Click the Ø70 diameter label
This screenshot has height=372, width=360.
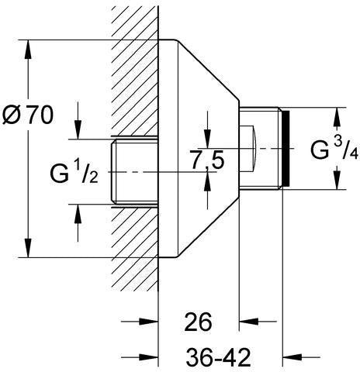click(x=28, y=115)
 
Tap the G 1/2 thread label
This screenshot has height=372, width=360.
click(x=74, y=174)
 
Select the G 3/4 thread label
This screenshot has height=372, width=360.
click(x=334, y=149)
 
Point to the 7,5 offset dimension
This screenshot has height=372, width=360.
click(x=207, y=160)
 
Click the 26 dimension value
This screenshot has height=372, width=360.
click(x=198, y=322)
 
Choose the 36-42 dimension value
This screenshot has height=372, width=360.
click(x=219, y=357)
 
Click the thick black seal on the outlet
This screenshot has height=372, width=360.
click(x=286, y=148)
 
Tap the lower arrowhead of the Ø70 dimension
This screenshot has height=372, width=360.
click(x=28, y=248)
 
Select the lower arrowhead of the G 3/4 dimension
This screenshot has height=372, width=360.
click(x=337, y=180)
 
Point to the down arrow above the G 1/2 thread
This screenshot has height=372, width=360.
click(x=78, y=130)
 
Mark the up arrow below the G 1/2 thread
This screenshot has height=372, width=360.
click(x=78, y=214)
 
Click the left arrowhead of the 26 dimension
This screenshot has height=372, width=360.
click(x=148, y=322)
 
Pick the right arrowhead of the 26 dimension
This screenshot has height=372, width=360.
click(x=248, y=322)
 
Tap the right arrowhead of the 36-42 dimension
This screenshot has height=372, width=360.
click(x=292, y=357)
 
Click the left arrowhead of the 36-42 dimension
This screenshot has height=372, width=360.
click(x=148, y=357)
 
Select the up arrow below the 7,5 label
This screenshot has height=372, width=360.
click(x=207, y=181)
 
